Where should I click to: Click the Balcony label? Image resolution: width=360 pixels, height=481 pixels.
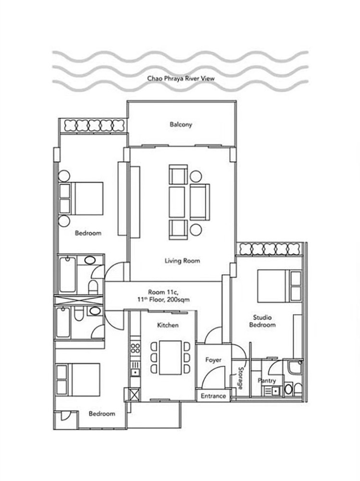click(x=181, y=125)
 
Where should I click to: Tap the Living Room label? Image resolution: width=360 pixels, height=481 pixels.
click(x=182, y=261)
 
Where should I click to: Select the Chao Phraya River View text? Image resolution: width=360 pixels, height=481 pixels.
click(x=181, y=78)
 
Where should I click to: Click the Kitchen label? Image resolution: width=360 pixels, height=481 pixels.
click(x=168, y=325)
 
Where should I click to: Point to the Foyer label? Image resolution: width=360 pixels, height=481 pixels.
click(x=213, y=360)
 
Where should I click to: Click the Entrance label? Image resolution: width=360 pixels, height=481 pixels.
click(x=213, y=396)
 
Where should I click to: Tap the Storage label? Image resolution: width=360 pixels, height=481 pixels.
click(x=241, y=378)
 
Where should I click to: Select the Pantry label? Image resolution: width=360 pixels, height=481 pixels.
click(x=267, y=380)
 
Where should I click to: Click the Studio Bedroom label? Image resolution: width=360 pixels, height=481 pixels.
click(x=262, y=321)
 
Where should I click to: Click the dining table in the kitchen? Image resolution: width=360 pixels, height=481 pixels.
click(x=171, y=358)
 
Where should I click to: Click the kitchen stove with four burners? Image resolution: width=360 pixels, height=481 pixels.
click(x=135, y=349)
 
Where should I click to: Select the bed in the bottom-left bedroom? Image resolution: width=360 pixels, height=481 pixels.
click(x=78, y=380)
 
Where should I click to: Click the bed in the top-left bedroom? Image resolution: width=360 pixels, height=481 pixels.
click(x=81, y=199)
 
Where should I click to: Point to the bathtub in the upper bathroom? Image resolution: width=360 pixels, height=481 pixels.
click(x=68, y=275)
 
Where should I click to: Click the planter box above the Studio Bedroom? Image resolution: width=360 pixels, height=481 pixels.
click(x=270, y=249)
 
